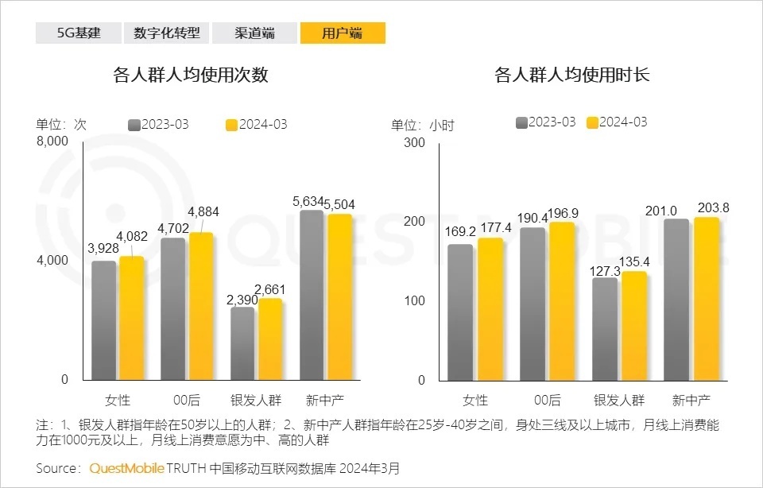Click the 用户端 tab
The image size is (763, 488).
coord(343,33)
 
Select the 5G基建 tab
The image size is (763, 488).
coord(78,33)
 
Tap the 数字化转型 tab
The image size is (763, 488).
coord(166,33)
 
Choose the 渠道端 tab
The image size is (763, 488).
coord(254,33)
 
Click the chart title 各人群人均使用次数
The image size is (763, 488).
coord(191,76)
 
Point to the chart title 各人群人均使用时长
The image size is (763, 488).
coord(572,76)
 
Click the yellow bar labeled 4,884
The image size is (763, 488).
coord(201,306)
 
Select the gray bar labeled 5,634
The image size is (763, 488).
coord(312,295)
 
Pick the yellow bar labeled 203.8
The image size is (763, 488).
coord(706,299)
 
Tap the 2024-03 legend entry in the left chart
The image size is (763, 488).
coord(257,125)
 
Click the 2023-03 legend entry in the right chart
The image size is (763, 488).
coord(545,122)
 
